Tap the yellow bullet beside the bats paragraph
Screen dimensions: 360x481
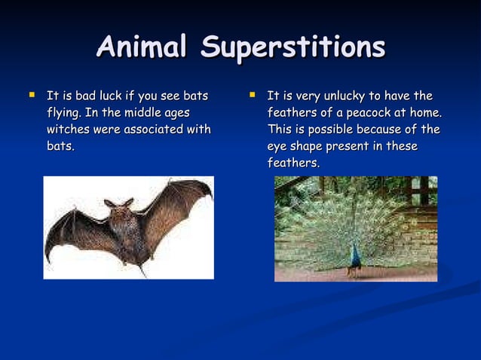[31, 96]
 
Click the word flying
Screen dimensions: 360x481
[63, 112]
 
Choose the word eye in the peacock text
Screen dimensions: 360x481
[278, 145]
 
